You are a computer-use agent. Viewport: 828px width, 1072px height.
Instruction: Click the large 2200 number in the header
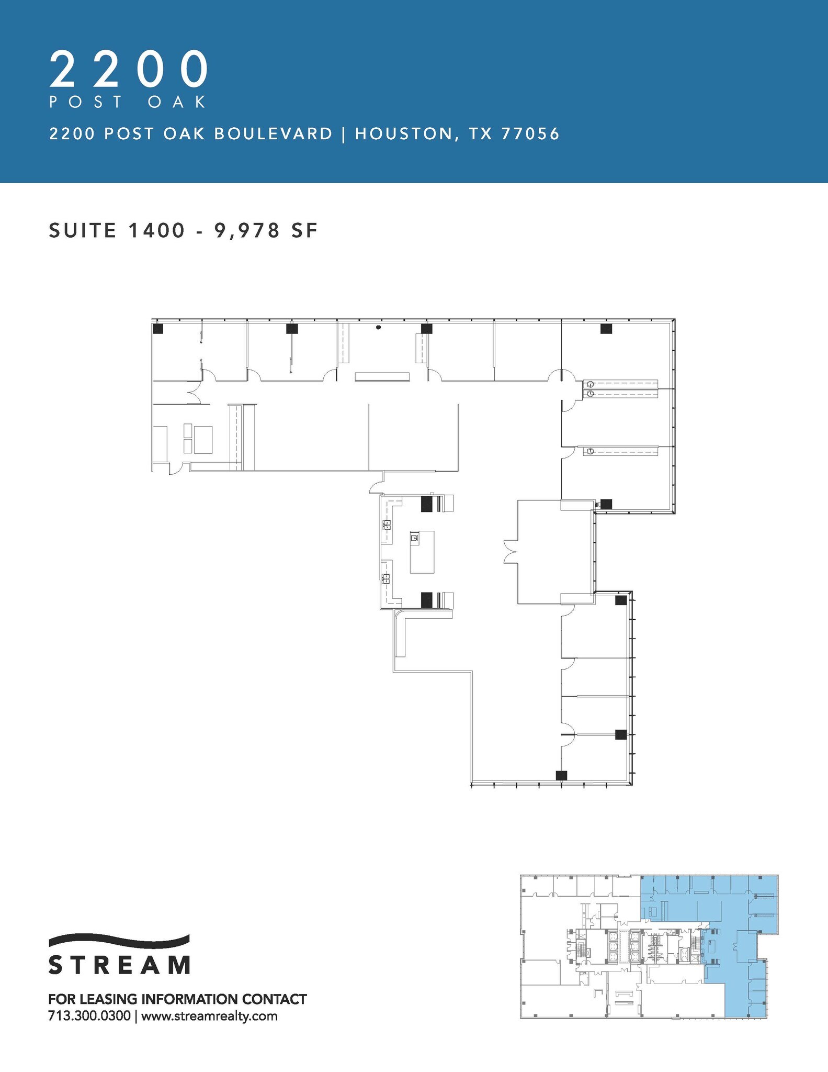129,70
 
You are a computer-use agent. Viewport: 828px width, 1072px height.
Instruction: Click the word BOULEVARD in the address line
273,134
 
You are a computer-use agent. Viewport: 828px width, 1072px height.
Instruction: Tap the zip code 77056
530,134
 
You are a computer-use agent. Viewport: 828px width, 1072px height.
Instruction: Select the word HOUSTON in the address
403,134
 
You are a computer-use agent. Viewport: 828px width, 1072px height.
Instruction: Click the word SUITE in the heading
82,230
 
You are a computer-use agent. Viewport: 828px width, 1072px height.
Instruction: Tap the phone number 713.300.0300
89,1016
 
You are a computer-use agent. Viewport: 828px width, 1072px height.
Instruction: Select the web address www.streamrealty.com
209,1016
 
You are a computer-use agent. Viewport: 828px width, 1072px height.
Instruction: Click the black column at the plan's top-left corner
158,329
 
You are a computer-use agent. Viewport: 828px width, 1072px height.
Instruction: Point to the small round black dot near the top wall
378,328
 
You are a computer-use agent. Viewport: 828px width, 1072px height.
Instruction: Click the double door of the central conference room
509,552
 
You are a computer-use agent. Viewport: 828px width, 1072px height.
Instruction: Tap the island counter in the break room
422,552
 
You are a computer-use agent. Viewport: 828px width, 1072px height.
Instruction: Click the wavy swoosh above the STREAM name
119,940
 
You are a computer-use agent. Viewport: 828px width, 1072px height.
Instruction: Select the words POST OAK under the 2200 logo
128,102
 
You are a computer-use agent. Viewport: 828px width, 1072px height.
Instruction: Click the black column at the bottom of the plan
561,775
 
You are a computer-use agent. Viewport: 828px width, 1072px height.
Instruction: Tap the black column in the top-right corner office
606,329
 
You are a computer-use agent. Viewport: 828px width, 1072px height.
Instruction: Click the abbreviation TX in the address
481,134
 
